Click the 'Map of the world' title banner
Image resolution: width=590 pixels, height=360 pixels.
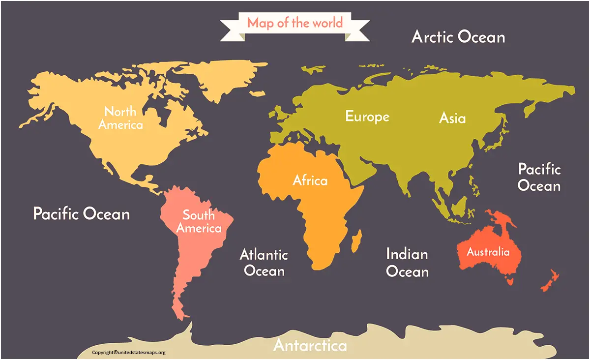coord(295,23)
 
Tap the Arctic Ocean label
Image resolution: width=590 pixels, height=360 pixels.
coord(458,37)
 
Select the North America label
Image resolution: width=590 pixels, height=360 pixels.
coord(120,118)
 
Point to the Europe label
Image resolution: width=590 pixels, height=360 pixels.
coord(367,117)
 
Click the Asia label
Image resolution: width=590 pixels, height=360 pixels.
coord(452,118)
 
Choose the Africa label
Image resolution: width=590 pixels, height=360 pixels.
coord(310,180)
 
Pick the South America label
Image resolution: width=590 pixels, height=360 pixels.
coord(199,221)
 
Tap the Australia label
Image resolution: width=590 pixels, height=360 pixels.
coord(488,252)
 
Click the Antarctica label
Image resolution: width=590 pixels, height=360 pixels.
coord(310,345)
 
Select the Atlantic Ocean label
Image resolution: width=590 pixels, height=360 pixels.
coord(264,263)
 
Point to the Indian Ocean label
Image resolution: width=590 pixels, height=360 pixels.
coord(407,263)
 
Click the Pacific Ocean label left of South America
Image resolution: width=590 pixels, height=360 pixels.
coord(82,214)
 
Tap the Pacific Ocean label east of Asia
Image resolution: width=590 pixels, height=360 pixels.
coord(539,178)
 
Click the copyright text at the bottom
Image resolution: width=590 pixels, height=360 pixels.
coord(129,352)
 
